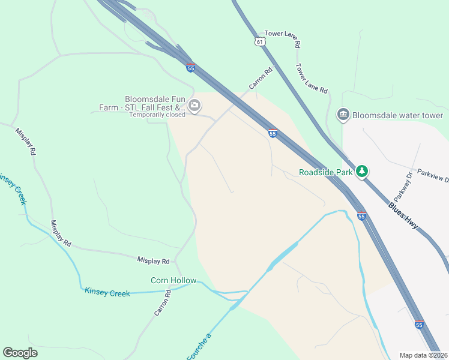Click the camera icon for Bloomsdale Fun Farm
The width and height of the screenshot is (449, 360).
[194, 106]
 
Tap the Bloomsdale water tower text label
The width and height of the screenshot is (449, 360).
[398, 115]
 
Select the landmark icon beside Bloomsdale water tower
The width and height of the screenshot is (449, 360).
[343, 115]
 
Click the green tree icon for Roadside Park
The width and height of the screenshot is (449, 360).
[362, 172]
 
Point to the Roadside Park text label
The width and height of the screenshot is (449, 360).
[327, 173]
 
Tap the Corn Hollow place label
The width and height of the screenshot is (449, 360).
[173, 280]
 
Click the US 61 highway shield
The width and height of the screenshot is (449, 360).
[259, 41]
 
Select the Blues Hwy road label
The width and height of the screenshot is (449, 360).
[403, 215]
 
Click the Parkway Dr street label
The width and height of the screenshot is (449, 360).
[403, 187]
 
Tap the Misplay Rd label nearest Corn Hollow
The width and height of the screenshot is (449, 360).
[153, 260]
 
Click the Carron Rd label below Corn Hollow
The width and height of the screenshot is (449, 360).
[162, 304]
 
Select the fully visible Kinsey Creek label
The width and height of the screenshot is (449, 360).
[107, 293]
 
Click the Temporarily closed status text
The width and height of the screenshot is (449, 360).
[157, 115]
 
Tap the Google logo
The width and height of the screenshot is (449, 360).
[20, 353]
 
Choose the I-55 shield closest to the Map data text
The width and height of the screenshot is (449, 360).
[419, 324]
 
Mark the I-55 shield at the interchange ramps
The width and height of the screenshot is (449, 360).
[190, 68]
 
